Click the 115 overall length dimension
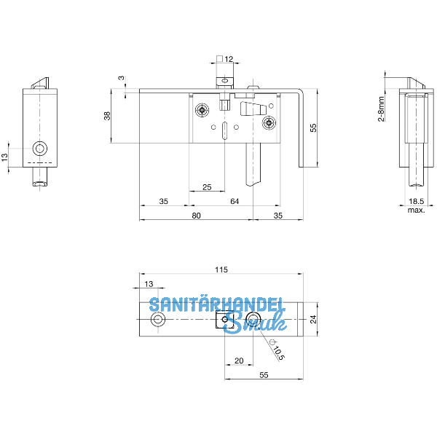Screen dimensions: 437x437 tap(221, 269)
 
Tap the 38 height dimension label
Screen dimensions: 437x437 tap(107, 116)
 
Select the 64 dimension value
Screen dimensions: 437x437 tap(235, 201)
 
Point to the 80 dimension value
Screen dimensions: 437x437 tap(196, 216)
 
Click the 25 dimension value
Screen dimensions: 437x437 tap(207, 187)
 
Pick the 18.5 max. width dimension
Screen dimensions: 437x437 tap(417, 205)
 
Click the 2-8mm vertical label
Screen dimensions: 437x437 tap(381, 109)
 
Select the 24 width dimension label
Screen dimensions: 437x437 tap(313, 319)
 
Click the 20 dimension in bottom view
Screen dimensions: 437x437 tap(239, 361)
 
